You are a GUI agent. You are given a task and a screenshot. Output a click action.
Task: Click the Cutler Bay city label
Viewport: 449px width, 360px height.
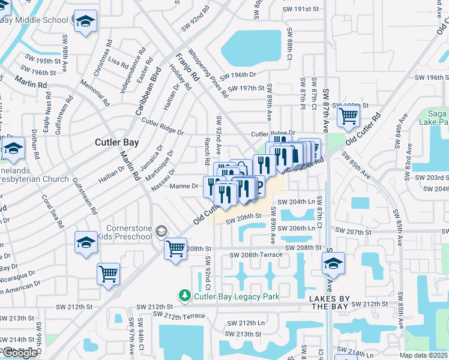pos(117,143)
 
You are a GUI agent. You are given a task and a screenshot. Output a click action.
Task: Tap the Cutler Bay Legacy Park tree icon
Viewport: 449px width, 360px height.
pos(185,296)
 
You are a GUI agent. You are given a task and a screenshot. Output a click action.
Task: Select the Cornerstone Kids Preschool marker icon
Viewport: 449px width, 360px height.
pos(160,231)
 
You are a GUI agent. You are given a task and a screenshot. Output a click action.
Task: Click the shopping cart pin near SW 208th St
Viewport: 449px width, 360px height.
pos(175,247)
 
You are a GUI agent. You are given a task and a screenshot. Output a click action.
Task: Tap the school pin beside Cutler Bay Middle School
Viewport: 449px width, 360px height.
pos(85,22)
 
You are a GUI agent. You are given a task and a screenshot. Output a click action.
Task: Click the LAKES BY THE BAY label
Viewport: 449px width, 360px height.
pos(328,302)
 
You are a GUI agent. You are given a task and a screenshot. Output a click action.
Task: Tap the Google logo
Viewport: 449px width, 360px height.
pos(20,353)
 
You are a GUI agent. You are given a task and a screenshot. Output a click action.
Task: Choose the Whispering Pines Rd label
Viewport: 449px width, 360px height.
pos(208,74)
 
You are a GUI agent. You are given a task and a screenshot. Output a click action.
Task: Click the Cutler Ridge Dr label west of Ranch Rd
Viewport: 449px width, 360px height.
pos(162,127)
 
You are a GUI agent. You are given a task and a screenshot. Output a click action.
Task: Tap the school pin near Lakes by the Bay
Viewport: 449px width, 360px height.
pos(334,263)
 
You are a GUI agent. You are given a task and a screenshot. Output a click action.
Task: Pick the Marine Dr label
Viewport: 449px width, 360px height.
pos(184,186)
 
